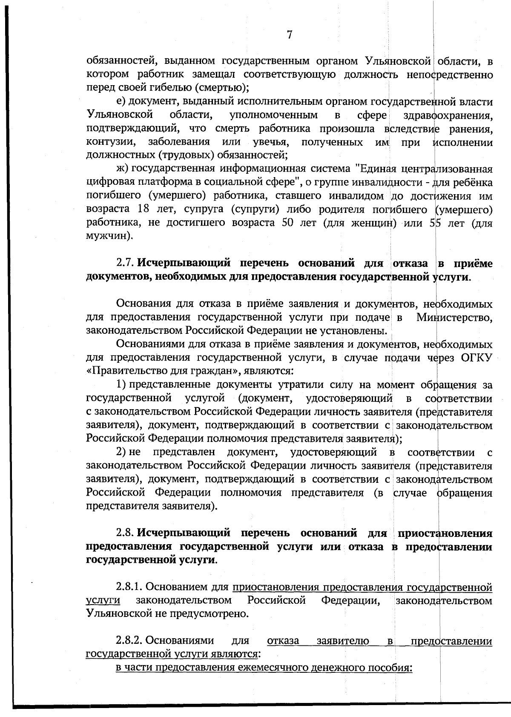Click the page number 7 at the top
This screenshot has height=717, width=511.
(x=290, y=34)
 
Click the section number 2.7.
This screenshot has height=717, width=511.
(x=126, y=264)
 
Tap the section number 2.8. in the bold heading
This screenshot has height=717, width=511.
(x=126, y=533)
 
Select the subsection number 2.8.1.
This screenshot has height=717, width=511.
(x=130, y=588)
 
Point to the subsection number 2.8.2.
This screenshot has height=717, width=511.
(x=130, y=641)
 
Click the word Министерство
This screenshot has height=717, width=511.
(x=455, y=317)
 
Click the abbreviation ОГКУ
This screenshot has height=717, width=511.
(x=477, y=358)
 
